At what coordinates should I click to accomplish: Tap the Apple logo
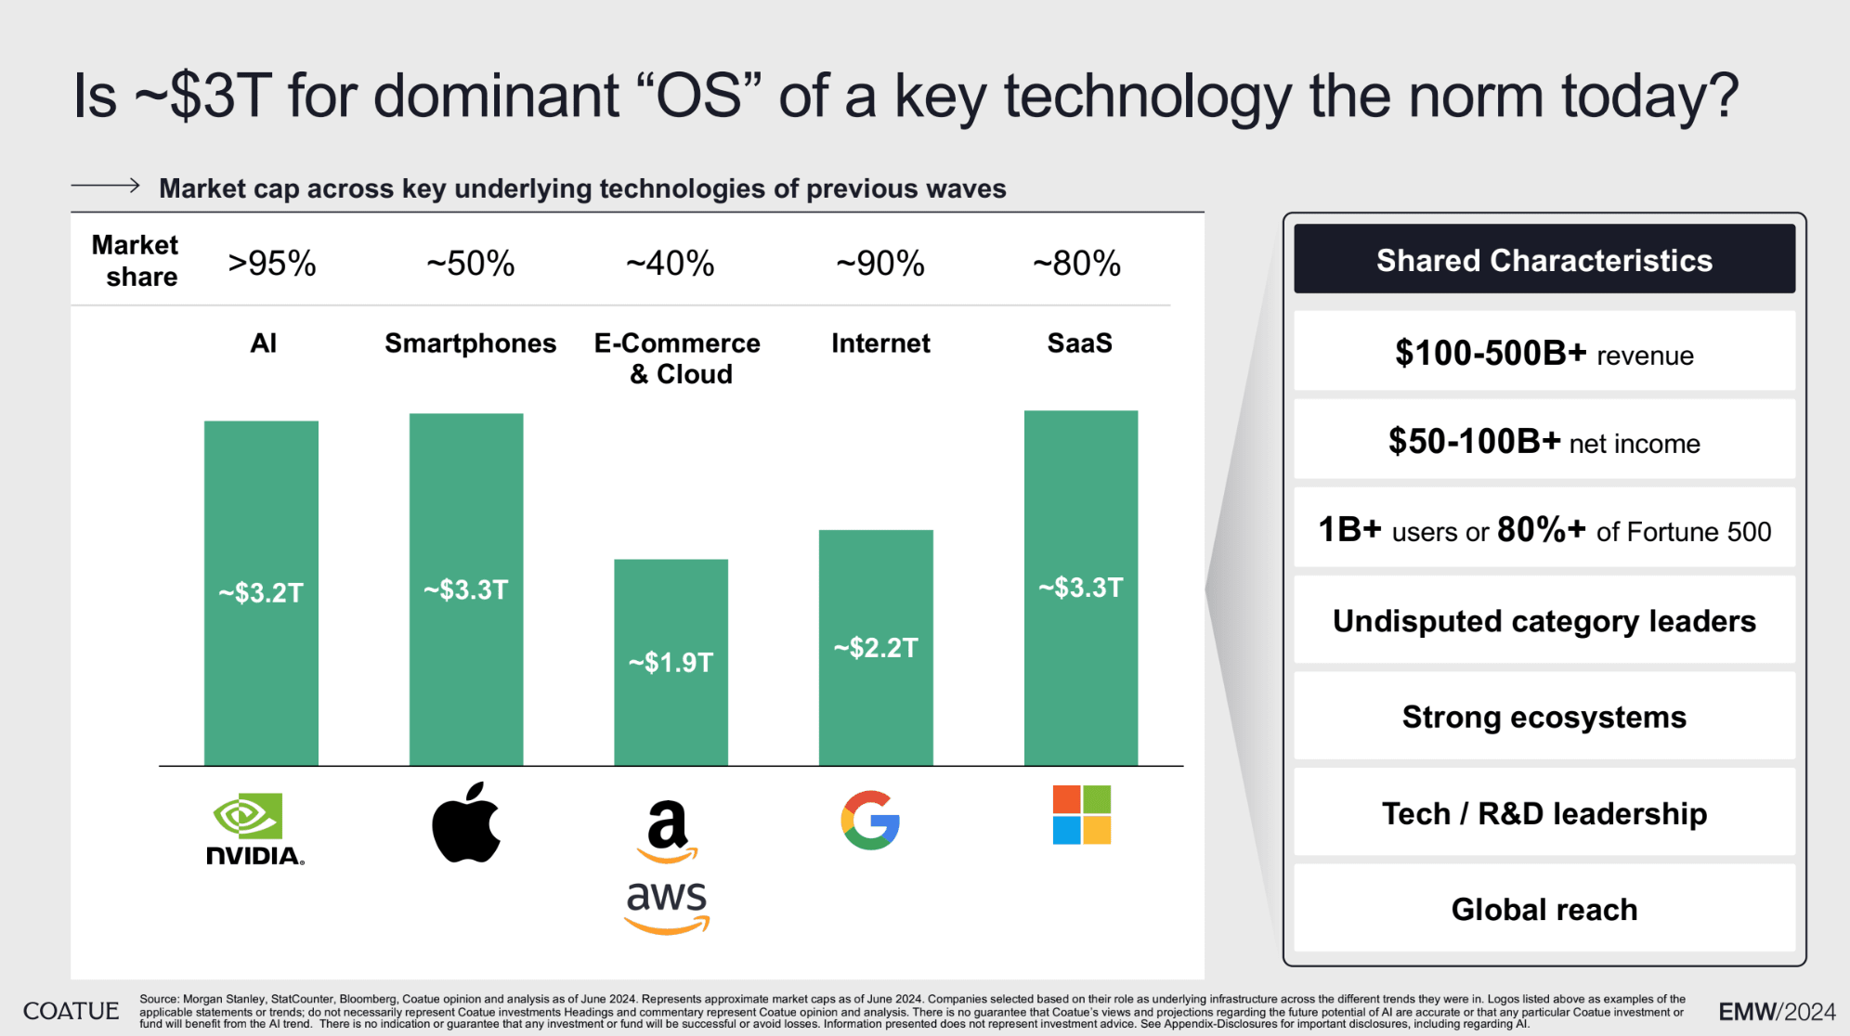click(466, 822)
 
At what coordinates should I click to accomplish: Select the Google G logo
click(870, 821)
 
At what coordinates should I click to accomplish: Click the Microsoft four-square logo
click(1081, 815)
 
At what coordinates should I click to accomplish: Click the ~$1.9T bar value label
click(671, 663)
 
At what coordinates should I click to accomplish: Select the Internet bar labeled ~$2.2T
click(876, 647)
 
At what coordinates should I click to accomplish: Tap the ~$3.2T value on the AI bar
click(261, 592)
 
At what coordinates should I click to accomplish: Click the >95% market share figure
click(272, 264)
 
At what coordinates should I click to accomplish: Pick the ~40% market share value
click(671, 264)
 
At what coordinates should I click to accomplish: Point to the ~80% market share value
click(1077, 264)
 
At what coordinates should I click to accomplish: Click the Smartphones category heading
click(470, 343)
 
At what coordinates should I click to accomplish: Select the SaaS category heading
click(1079, 343)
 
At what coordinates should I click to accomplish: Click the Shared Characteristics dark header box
click(1544, 260)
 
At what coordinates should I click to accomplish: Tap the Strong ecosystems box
click(1544, 717)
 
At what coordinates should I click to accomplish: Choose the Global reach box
click(1544, 909)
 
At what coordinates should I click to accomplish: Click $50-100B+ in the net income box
click(1474, 442)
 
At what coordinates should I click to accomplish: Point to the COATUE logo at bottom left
click(71, 1011)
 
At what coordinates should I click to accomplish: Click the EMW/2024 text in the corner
click(1777, 1011)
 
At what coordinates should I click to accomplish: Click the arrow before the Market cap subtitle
click(106, 186)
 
